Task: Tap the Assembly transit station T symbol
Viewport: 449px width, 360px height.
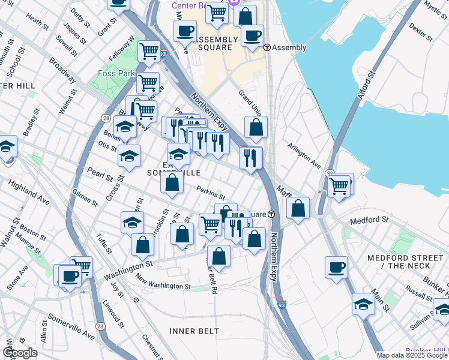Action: [268, 48]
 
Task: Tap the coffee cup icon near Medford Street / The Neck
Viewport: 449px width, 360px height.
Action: [337, 267]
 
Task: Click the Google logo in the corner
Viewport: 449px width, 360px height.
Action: [20, 353]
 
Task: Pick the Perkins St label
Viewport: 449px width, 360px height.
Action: [211, 193]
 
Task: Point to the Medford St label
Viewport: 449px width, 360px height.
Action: [365, 220]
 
